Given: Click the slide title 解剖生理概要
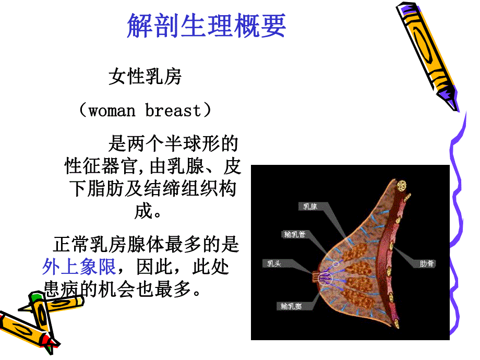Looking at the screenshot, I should pyautogui.click(x=206, y=25).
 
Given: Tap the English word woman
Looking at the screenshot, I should pyautogui.click(x=112, y=111).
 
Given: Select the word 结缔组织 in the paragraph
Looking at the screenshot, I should pyautogui.click(x=170, y=188).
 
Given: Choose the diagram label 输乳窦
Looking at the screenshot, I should pyautogui.click(x=290, y=306).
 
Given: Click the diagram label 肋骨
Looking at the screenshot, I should pyautogui.click(x=427, y=264).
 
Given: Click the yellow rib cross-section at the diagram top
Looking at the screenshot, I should pyautogui.click(x=402, y=185).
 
